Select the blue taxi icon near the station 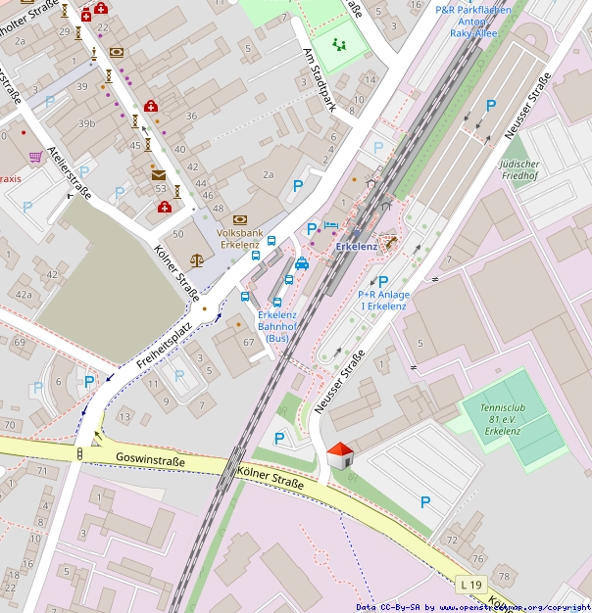(x=302, y=262)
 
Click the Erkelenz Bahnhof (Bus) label (x=277, y=326)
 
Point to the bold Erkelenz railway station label (x=357, y=247)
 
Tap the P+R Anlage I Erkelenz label (x=382, y=300)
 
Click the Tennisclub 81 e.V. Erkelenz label (x=501, y=418)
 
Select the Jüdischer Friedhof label (x=546, y=168)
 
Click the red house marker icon (x=339, y=455)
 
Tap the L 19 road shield (x=471, y=585)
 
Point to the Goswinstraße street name (x=150, y=457)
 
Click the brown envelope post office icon (x=158, y=175)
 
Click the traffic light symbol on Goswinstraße (x=79, y=453)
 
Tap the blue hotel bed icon (x=330, y=226)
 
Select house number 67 (x=249, y=342)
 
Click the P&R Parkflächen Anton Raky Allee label (x=473, y=21)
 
